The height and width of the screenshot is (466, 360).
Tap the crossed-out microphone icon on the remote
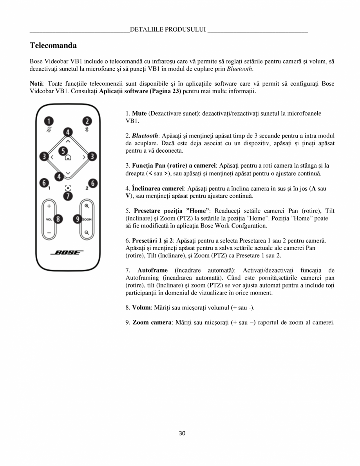pos(49,130)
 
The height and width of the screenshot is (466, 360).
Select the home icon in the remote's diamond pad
pos(68,158)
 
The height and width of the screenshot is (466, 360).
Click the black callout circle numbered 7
pos(68,195)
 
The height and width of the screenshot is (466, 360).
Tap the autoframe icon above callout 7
pos(68,188)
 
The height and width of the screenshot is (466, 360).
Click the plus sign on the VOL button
pos(49,206)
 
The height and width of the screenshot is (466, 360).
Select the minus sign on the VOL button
pos(49,233)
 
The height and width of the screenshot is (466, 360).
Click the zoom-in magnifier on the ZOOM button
pos(87,206)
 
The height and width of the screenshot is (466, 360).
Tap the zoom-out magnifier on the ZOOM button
pos(87,233)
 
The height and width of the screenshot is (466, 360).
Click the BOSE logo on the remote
pos(68,252)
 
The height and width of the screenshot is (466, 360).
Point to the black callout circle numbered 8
pos(58,219)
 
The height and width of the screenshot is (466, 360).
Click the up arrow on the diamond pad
pos(68,140)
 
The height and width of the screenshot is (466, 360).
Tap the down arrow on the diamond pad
pos(68,173)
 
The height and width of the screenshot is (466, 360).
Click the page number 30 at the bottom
pos(182,433)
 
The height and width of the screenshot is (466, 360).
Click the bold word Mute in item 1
pos(139,113)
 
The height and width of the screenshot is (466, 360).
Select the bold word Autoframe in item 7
pos(152,271)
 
